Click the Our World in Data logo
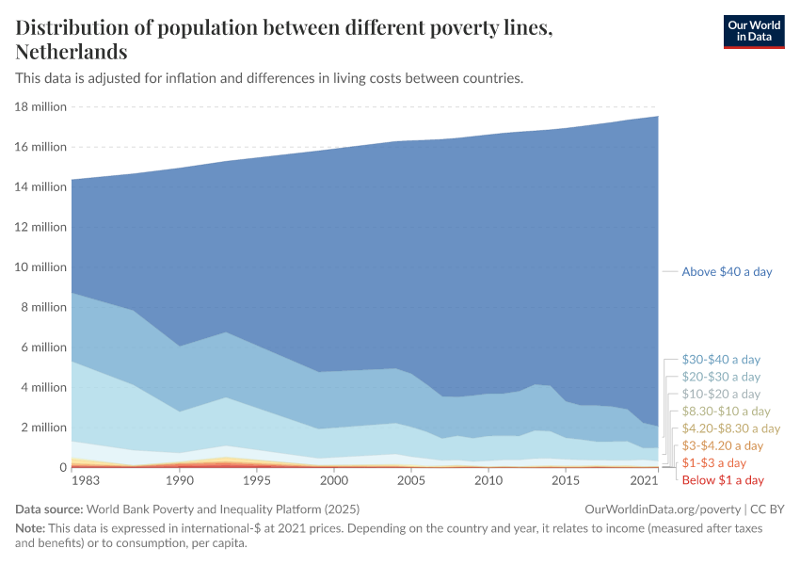pyautogui.click(x=753, y=31)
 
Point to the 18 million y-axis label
pyautogui.click(x=40, y=106)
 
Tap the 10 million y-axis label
pyautogui.click(x=40, y=267)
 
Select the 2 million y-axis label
pyautogui.click(x=43, y=428)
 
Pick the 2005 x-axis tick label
pyautogui.click(x=410, y=481)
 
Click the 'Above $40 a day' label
pyautogui.click(x=727, y=271)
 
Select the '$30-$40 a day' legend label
pyautogui.click(x=721, y=360)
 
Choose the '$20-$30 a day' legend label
pyautogui.click(x=721, y=377)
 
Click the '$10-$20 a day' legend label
pyautogui.click(x=721, y=394)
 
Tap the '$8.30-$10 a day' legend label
pyautogui.click(x=726, y=412)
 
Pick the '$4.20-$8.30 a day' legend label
pyautogui.click(x=730, y=428)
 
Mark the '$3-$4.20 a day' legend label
pyautogui.click(x=723, y=445)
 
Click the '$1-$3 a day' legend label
pyautogui.click(x=713, y=463)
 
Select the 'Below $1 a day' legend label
pyautogui.click(x=723, y=480)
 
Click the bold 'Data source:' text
pyautogui.click(x=53, y=508)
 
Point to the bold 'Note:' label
pyautogui.click(x=32, y=529)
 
